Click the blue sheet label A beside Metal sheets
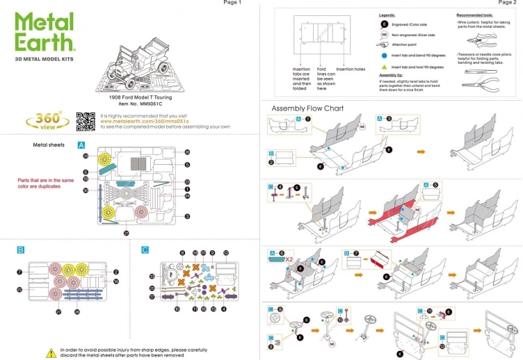point(81,145)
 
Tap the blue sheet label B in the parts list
point(21,248)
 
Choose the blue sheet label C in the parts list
point(145,248)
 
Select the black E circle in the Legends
point(385,24)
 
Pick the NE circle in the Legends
point(385,34)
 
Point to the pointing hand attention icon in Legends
point(385,44)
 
